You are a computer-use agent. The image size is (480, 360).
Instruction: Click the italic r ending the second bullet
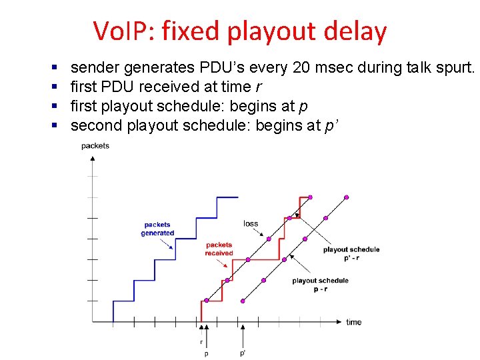click(x=257, y=87)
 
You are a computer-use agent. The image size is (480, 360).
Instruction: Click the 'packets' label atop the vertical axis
click(x=95, y=145)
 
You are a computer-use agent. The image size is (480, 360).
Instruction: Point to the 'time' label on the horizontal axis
click(x=354, y=322)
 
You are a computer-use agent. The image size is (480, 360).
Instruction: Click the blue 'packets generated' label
click(x=157, y=229)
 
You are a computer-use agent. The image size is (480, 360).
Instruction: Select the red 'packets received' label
click(x=219, y=249)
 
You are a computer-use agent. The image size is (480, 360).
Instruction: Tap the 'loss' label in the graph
click(x=251, y=223)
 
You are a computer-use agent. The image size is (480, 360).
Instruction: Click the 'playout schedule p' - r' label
click(x=351, y=253)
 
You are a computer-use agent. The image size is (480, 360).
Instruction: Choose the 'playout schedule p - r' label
click(x=320, y=285)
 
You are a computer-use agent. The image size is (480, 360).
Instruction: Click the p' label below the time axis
click(x=243, y=353)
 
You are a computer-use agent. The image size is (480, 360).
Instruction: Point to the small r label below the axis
click(x=201, y=341)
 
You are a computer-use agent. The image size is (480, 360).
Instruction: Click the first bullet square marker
click(x=53, y=67)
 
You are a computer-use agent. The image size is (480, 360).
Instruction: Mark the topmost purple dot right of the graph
click(x=346, y=197)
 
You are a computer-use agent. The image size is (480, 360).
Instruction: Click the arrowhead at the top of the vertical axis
click(x=91, y=157)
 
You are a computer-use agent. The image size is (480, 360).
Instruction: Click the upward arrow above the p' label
click(x=243, y=330)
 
